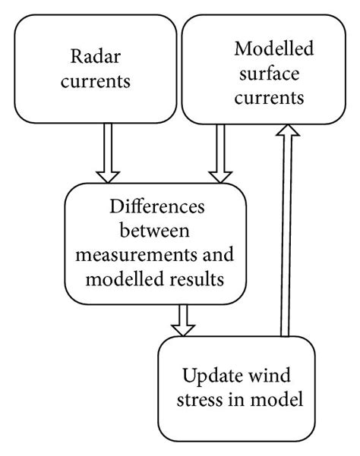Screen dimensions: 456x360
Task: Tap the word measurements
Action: click(x=134, y=253)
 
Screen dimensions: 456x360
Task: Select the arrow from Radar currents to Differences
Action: click(x=107, y=153)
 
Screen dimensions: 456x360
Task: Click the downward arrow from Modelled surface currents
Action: click(x=221, y=153)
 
